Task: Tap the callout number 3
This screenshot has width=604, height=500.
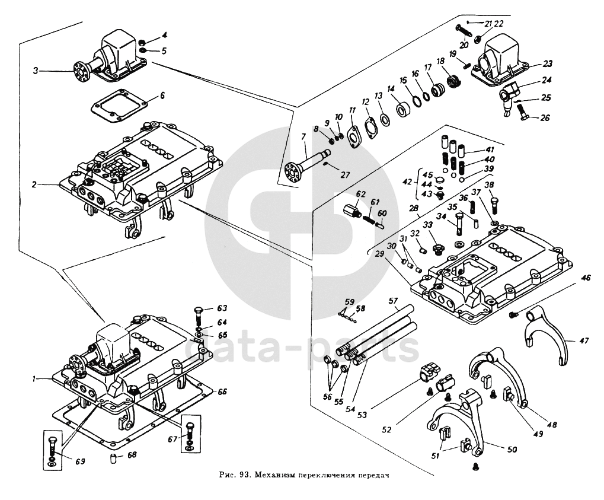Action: tap(36, 71)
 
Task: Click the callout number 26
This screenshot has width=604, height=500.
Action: tap(545, 117)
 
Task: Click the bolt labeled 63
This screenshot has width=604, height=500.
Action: tap(199, 314)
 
